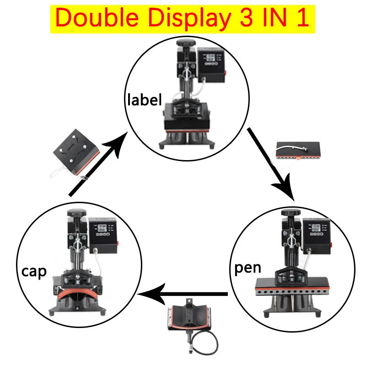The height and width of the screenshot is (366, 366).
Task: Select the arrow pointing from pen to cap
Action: click(183, 293)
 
